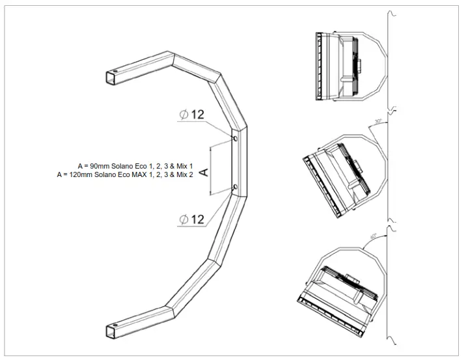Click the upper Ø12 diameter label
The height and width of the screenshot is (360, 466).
192,115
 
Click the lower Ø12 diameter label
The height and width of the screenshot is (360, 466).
192,219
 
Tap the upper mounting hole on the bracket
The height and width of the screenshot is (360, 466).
235,139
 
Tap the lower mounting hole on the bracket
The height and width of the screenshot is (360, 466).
235,188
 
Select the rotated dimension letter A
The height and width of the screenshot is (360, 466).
202,171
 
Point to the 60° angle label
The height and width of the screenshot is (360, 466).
373,237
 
